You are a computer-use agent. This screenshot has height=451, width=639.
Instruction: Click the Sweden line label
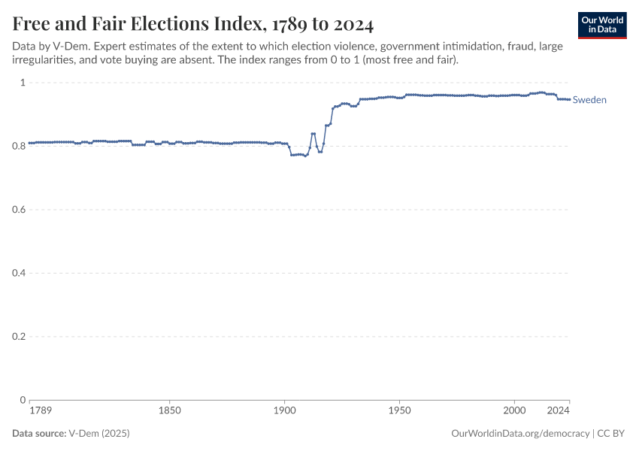[x=589, y=100]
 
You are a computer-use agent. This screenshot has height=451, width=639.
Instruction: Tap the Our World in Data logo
[x=601, y=25]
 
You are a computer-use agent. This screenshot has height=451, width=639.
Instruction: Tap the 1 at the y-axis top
[x=23, y=83]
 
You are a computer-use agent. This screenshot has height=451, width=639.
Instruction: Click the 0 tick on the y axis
[x=23, y=400]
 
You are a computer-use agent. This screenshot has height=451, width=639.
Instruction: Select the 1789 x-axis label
[x=41, y=411]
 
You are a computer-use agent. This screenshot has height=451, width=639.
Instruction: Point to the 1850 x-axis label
[x=170, y=411]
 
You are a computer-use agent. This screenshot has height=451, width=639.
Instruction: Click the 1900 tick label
[x=285, y=411]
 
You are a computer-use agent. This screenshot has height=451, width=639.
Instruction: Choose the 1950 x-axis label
[x=400, y=411]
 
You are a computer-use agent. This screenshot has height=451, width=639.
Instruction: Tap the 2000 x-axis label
[x=515, y=411]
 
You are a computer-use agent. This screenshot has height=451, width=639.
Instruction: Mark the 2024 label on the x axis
[x=558, y=411]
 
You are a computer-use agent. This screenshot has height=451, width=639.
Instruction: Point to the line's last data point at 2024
[x=570, y=100]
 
